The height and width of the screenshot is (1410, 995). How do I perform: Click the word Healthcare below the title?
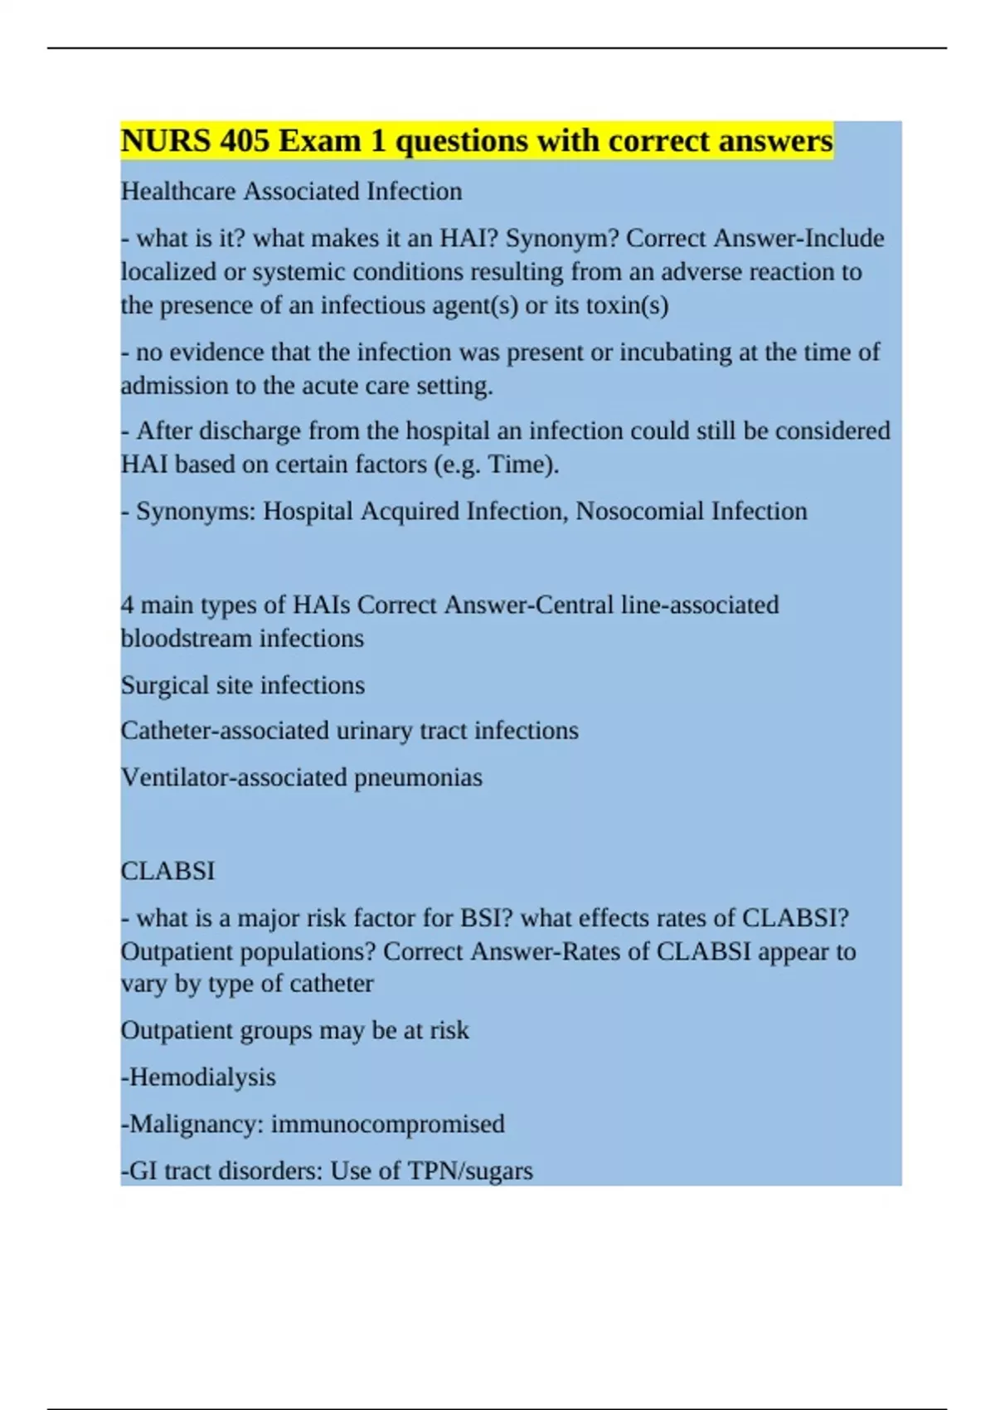click(178, 192)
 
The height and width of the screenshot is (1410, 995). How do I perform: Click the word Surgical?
click(165, 686)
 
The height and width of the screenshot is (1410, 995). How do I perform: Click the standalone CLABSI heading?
click(167, 872)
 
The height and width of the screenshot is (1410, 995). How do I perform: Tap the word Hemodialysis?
click(201, 1077)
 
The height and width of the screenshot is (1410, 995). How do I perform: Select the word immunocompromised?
click(387, 1124)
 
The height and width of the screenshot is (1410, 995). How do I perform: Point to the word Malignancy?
click(196, 1124)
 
